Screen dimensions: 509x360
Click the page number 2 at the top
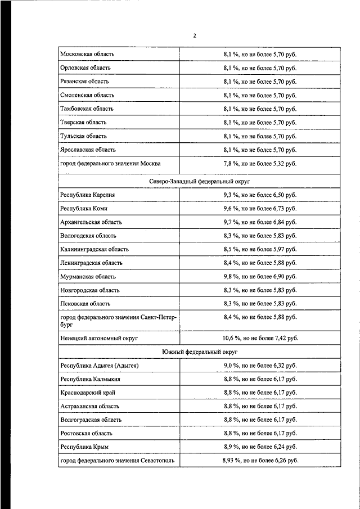coord(195,35)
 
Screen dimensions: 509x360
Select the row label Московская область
coord(87,54)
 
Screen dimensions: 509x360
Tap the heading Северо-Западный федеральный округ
coord(199,181)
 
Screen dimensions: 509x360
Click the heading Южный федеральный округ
coord(199,352)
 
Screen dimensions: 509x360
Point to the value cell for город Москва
coord(260,164)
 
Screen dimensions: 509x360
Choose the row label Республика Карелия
coord(88,195)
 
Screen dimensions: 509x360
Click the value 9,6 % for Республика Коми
coord(260,208)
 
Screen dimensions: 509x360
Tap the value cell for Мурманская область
coord(260,277)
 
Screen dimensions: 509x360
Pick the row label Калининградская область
coord(94,249)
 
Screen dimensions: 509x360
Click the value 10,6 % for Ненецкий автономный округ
coord(260,338)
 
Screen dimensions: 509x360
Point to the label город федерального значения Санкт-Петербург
coord(118,321)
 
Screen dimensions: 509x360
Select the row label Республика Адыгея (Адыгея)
coord(99,366)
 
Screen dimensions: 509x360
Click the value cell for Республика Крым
coord(260,447)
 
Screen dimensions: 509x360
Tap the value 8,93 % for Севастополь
coord(260,460)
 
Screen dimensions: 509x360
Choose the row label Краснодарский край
coord(87,393)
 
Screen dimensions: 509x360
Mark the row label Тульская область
coord(83,136)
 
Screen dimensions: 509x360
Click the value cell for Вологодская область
coord(260,236)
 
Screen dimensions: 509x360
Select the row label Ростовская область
coord(86,433)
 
